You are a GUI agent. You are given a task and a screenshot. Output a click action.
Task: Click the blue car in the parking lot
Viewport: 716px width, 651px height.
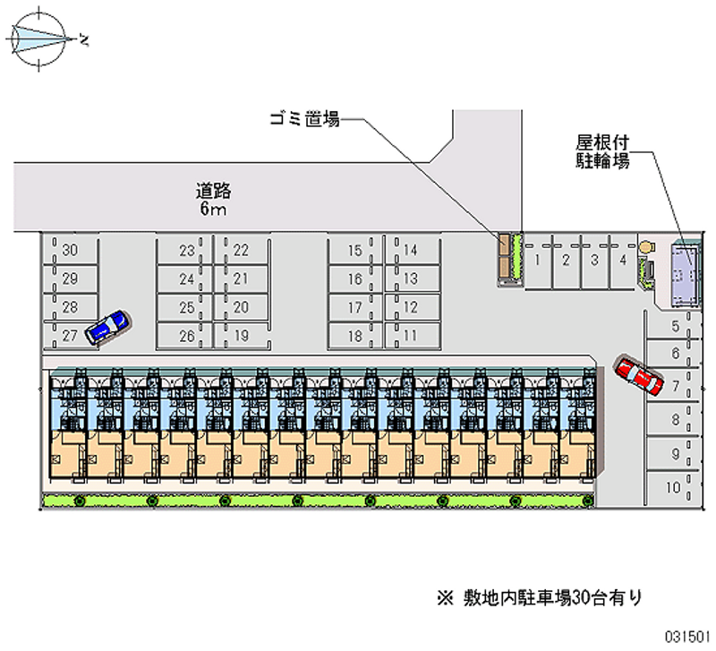click(107, 328)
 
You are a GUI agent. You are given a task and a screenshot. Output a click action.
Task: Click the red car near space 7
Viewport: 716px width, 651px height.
click(639, 375)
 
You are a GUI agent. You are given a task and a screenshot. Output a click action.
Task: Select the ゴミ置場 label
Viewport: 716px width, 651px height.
click(304, 117)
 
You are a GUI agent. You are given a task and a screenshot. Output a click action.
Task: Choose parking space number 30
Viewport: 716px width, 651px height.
click(71, 251)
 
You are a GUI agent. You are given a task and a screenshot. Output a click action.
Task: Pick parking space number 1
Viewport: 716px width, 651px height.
click(537, 261)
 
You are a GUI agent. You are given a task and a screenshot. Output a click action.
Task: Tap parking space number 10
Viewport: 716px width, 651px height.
click(672, 488)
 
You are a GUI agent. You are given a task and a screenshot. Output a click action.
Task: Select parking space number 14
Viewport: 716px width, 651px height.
click(412, 251)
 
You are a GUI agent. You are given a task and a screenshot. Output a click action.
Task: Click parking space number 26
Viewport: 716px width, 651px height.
click(186, 337)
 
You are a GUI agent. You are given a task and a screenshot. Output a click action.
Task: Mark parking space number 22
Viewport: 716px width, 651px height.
click(241, 251)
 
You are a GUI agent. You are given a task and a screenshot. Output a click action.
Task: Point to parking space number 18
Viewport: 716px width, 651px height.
click(355, 337)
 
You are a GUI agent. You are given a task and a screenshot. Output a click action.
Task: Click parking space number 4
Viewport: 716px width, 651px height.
click(622, 261)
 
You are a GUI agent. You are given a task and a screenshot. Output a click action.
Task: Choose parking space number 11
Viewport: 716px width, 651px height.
click(412, 337)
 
